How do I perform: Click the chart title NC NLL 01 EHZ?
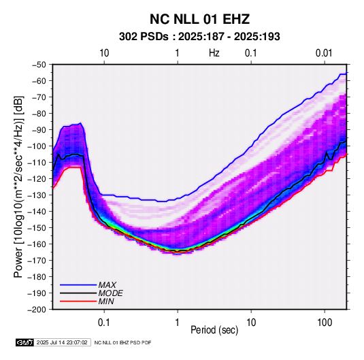tap(199, 19)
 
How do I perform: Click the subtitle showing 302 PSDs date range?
tap(199, 37)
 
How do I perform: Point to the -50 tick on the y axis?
tap(39, 65)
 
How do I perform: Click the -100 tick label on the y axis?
tap(37, 146)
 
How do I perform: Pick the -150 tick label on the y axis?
tap(37, 228)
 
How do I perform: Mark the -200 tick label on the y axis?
tap(37, 310)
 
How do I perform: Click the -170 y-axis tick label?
tap(37, 261)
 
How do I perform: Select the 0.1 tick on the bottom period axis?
tap(104, 323)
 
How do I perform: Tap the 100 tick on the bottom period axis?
tap(325, 323)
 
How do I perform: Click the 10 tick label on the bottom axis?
tap(251, 323)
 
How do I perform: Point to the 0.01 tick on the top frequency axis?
tap(324, 53)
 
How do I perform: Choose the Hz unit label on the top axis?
tap(214, 53)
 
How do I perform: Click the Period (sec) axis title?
tap(214, 330)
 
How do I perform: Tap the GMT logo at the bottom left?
tap(24, 342)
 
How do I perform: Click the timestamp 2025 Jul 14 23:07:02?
tap(62, 342)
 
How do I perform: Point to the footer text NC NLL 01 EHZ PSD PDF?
tap(122, 342)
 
